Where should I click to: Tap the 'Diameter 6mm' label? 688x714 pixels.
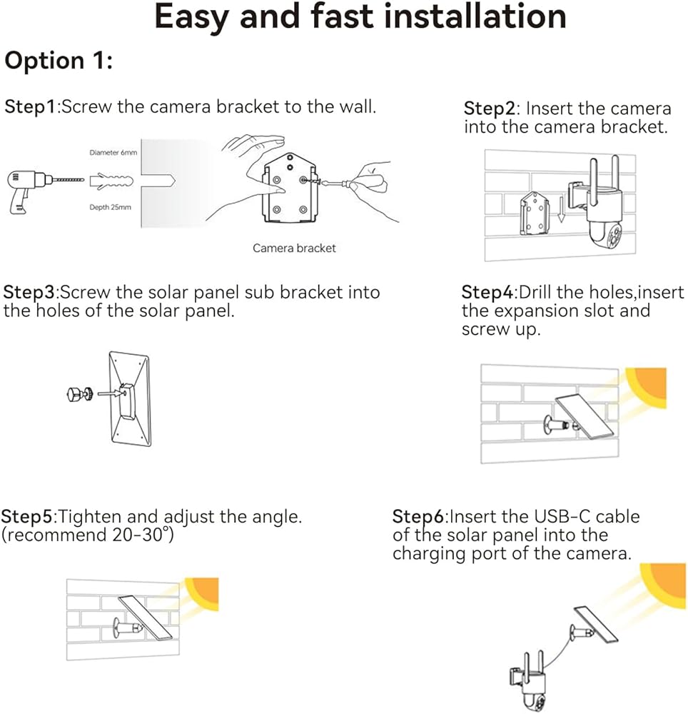click(x=113, y=153)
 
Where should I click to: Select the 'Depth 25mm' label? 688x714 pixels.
click(x=110, y=207)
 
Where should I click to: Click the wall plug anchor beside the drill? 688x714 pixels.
click(x=111, y=181)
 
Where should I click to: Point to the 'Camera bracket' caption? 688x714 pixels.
click(x=295, y=248)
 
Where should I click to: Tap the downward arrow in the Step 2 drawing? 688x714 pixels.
click(x=561, y=209)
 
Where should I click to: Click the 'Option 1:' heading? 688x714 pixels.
click(x=59, y=61)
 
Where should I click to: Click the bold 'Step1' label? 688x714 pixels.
click(x=30, y=107)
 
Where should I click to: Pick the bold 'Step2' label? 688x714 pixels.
click(x=489, y=109)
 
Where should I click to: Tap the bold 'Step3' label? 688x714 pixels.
click(x=29, y=292)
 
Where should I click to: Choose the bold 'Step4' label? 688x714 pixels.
click(x=487, y=292)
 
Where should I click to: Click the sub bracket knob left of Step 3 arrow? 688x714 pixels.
click(x=80, y=393)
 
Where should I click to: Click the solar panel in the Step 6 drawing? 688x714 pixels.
click(x=596, y=625)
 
